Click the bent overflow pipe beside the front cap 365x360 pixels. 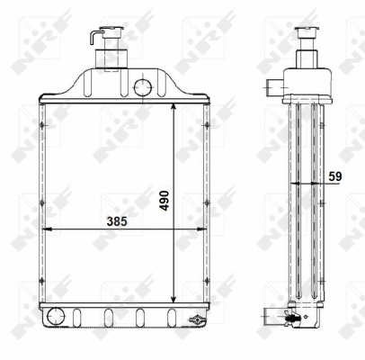click(x=93, y=39)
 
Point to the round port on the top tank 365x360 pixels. click(x=141, y=87)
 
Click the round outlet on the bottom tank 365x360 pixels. click(x=57, y=316)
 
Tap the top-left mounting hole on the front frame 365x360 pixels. click(x=41, y=123)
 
